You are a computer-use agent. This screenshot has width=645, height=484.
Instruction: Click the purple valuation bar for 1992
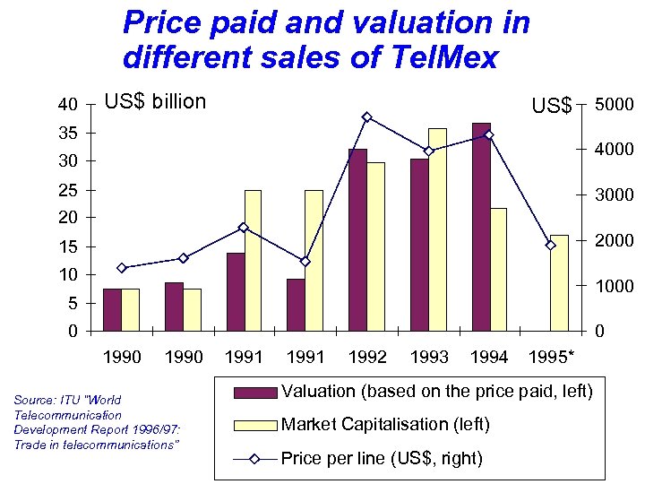357,240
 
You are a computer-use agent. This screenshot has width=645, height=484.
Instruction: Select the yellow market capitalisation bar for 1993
437,229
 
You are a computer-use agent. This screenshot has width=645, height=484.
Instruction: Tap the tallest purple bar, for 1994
481,227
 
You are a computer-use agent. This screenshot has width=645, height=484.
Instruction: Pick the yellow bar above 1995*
559,282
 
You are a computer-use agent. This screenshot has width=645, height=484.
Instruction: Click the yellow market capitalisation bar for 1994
498,269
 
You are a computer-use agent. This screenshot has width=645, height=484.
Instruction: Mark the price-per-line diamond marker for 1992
367,117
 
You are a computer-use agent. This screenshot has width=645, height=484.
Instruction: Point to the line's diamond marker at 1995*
551,245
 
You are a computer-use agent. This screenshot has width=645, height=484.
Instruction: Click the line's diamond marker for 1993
428,151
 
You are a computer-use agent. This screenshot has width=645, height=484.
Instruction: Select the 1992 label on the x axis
366,358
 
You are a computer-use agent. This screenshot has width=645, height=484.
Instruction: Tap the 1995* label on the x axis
552,358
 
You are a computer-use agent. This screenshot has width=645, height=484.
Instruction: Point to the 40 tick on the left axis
67,105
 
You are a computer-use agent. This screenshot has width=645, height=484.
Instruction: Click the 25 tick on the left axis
67,190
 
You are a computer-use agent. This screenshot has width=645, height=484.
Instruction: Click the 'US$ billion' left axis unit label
155,101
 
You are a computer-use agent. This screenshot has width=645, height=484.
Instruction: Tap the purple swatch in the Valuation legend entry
254,392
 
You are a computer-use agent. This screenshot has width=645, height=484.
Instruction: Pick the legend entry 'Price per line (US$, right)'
381,458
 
